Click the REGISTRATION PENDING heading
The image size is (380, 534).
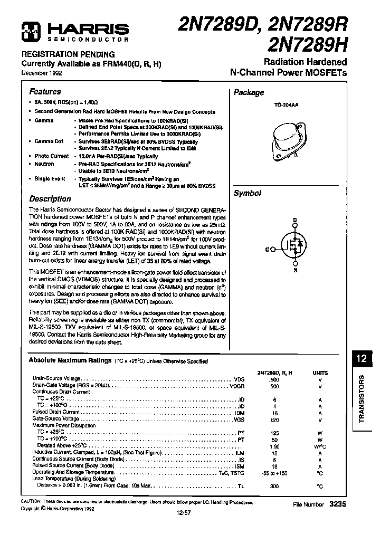click(68, 54)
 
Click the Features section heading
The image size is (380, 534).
click(45, 91)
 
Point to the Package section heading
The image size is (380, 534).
click(249, 92)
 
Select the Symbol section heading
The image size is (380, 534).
click(247, 193)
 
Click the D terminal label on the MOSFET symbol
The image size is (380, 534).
click(296, 220)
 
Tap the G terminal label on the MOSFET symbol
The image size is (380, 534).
click(268, 249)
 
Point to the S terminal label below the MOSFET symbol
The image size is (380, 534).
click(296, 271)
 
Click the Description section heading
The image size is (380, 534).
click(50, 199)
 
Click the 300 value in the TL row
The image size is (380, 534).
click(274, 485)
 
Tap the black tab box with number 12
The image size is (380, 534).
click(361, 359)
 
